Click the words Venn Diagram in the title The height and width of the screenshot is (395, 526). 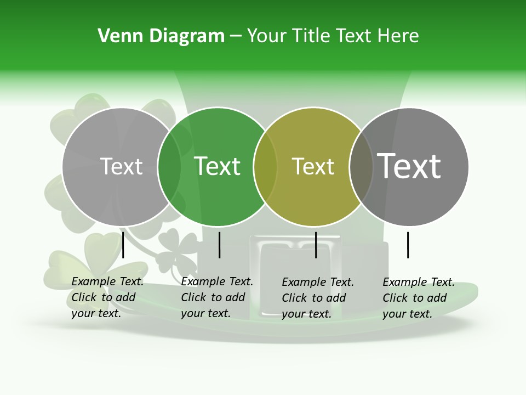pyautogui.click(x=161, y=36)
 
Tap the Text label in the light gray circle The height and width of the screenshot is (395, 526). pyautogui.click(x=121, y=166)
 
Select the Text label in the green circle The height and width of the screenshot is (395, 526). pyautogui.click(x=218, y=166)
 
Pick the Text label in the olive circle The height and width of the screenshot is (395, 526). pyautogui.click(x=313, y=166)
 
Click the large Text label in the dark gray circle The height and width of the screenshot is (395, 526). pyautogui.click(x=409, y=166)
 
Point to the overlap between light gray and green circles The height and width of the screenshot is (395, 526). pyautogui.click(x=169, y=166)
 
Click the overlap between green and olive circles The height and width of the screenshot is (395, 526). pyautogui.click(x=265, y=166)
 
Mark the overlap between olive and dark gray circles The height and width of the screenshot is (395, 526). pyautogui.click(x=361, y=166)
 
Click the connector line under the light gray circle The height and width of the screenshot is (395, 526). pyautogui.click(x=123, y=245)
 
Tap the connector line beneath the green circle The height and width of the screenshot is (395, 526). pyautogui.click(x=219, y=245)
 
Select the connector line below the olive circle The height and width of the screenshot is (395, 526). pyautogui.click(x=316, y=245)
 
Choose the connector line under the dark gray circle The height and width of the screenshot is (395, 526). pyautogui.click(x=408, y=245)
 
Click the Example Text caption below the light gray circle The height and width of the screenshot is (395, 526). pyautogui.click(x=107, y=297)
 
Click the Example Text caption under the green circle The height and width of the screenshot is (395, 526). pyautogui.click(x=217, y=297)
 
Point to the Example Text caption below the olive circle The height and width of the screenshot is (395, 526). pyautogui.click(x=318, y=298)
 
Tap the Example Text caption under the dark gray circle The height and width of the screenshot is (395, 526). pyautogui.click(x=419, y=298)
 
